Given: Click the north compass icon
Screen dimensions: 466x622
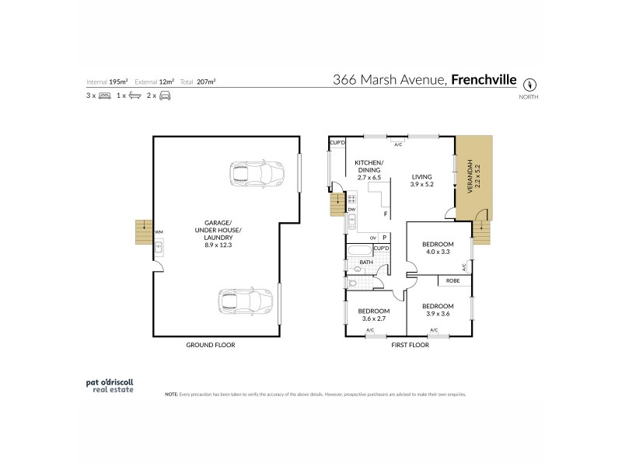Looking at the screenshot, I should [x=531, y=83].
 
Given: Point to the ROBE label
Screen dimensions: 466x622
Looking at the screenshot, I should [x=453, y=281].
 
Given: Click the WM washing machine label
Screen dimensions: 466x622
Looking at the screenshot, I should [x=159, y=232].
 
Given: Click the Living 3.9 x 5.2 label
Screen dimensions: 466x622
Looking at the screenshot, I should [x=422, y=181].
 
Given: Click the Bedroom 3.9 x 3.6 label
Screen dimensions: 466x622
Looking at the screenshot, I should [x=439, y=311].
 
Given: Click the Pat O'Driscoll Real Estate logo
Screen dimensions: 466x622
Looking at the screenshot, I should [x=110, y=386].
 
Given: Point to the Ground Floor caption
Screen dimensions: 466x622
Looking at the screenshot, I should [x=210, y=344].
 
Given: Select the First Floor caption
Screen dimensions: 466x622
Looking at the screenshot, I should [x=410, y=344].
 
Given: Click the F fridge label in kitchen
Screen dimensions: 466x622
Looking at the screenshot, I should [x=385, y=214].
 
